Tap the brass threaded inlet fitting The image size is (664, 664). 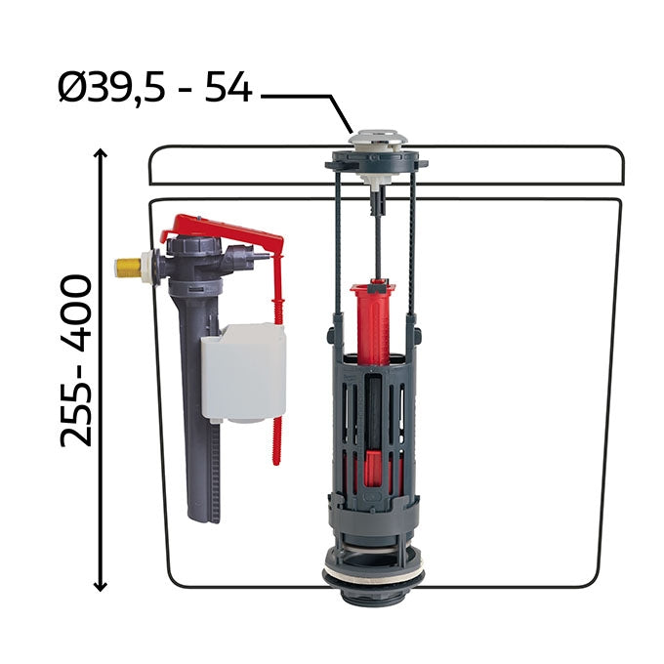click(x=129, y=267)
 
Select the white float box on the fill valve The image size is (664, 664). click(x=243, y=373)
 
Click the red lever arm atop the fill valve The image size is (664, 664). click(x=225, y=232)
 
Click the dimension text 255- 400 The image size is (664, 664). click(x=76, y=360)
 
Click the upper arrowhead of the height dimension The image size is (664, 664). click(x=101, y=153)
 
